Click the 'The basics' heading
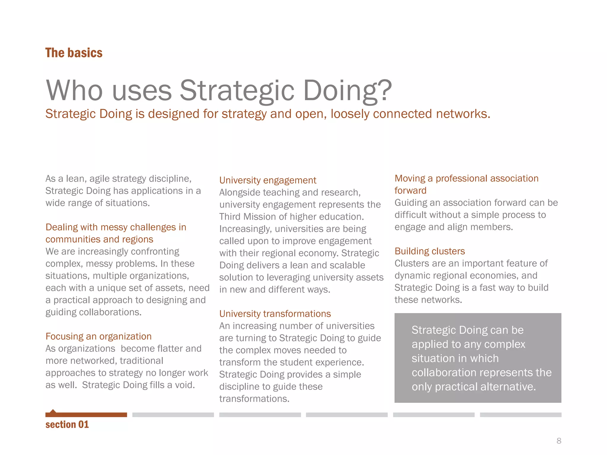pos(74,53)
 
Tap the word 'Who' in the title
pos(74,90)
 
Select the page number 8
pos(559,441)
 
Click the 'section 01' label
pos(67,424)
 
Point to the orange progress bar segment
pos(86,415)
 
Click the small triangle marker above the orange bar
pos(53,411)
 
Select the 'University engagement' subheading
pos(268,180)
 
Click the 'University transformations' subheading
pos(275,313)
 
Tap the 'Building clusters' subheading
pos(429,251)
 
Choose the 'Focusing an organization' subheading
pos(98,336)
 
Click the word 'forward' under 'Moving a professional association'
pos(410,190)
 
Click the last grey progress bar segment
pos(520,415)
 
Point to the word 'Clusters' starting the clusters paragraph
pos(412,263)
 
